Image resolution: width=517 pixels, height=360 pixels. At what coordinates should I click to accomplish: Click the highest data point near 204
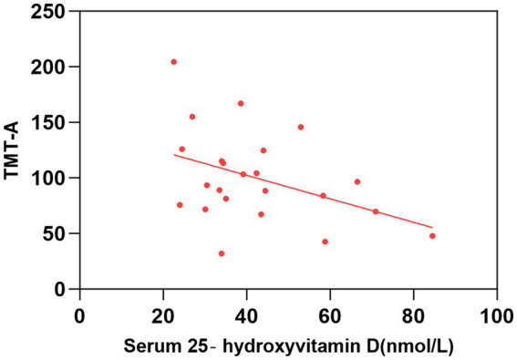[x=174, y=62]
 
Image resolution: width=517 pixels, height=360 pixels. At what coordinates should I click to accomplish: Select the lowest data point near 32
[x=222, y=253]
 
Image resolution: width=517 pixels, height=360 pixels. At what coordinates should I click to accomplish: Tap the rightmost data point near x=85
[x=432, y=236]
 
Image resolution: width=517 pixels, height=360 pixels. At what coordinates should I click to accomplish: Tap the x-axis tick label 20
[x=163, y=316]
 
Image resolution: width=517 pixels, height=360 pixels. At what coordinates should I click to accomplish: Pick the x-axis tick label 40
[x=246, y=316]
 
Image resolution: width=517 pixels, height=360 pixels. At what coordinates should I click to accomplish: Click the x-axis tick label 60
[x=330, y=316]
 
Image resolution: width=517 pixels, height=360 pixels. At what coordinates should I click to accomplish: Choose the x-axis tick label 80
[x=413, y=316]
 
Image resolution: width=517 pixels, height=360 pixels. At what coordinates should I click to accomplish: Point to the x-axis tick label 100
[x=497, y=316]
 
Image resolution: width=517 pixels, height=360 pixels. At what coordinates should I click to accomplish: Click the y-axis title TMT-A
[x=12, y=150]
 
